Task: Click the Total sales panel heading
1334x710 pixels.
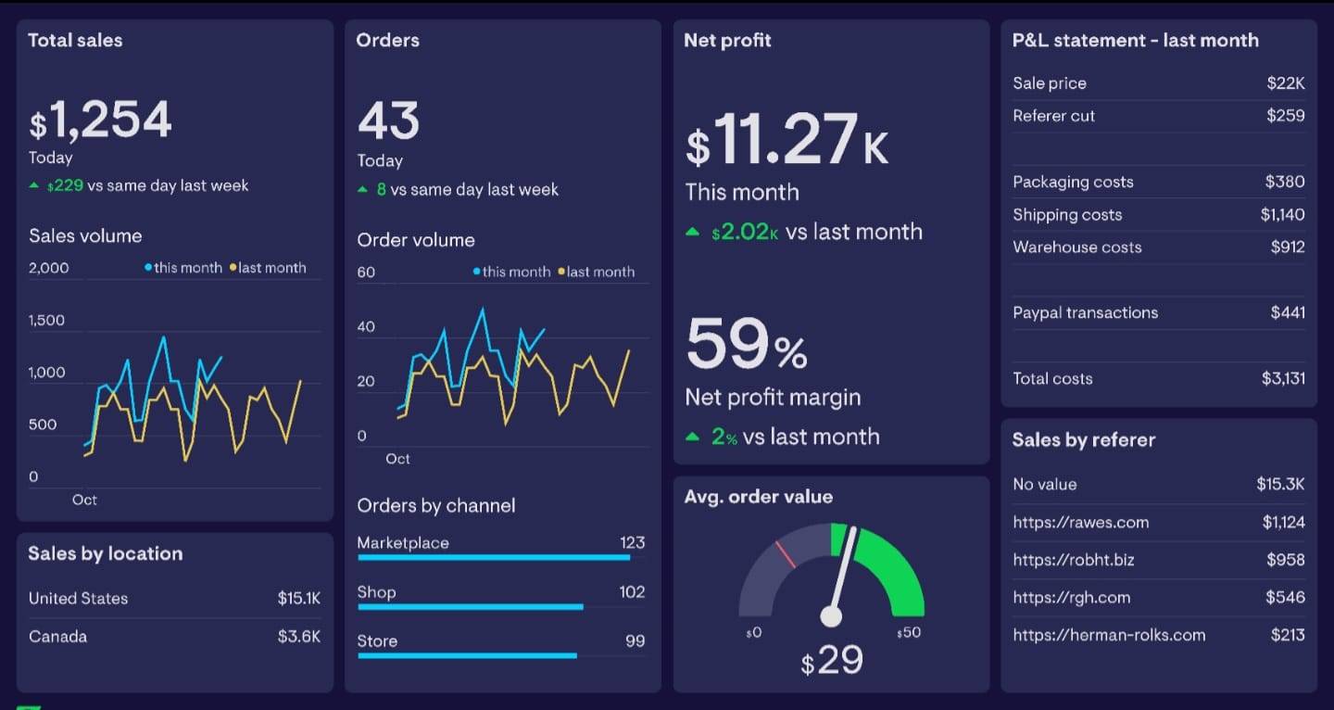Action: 75,40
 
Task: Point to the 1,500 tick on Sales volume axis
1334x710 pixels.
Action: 47,320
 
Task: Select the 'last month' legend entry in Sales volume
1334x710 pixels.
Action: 270,268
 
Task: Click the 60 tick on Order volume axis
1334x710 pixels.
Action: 366,272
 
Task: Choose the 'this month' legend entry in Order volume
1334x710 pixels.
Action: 512,272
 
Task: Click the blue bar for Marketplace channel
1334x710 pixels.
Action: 494,558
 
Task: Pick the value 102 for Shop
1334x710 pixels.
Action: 632,591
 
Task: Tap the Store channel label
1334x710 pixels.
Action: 377,640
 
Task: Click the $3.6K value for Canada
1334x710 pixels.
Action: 298,637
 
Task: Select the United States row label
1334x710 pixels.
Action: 79,598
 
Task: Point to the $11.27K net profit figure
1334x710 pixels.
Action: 787,141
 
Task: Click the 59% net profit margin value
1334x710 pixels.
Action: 747,344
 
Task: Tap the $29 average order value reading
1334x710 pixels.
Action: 832,660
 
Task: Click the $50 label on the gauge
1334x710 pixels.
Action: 909,632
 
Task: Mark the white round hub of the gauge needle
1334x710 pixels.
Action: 832,615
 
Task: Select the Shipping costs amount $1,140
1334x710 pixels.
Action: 1282,214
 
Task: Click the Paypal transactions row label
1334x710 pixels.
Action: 1085,312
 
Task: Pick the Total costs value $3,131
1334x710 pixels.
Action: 1283,378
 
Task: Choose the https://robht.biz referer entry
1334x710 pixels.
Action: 1074,560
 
